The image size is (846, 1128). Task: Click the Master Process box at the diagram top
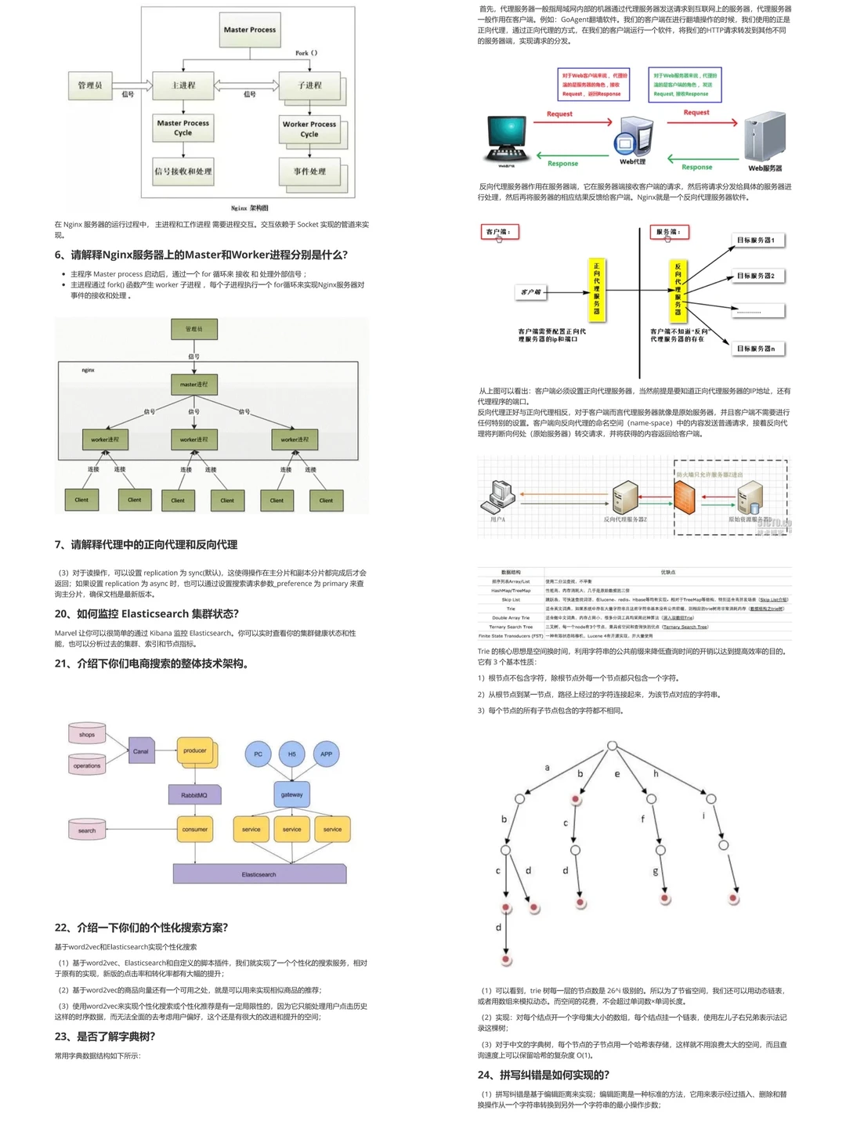pyautogui.click(x=249, y=30)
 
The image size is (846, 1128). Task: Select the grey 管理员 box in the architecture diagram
pyautogui.click(x=90, y=85)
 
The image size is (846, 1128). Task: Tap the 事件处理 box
pyautogui.click(x=310, y=172)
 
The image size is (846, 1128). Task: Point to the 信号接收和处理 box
pyautogui.click(x=183, y=172)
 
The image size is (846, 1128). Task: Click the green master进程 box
pyautogui.click(x=193, y=384)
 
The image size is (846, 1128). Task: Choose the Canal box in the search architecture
pyautogui.click(x=141, y=751)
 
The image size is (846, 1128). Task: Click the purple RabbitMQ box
pyautogui.click(x=194, y=795)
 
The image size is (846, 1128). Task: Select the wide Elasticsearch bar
pyautogui.click(x=259, y=874)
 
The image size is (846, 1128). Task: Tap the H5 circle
pyautogui.click(x=291, y=754)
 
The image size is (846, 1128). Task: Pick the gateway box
pyautogui.click(x=291, y=794)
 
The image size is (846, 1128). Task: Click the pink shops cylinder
pyautogui.click(x=87, y=734)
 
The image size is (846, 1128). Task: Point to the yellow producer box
pyautogui.click(x=195, y=751)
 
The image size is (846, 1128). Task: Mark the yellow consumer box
pyautogui.click(x=195, y=829)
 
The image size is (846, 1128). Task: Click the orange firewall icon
pyautogui.click(x=685, y=496)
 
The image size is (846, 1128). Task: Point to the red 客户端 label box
pyautogui.click(x=499, y=232)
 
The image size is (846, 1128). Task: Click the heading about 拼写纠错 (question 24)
pyautogui.click(x=544, y=1075)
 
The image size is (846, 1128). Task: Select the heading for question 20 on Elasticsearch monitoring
pyautogui.click(x=146, y=614)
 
